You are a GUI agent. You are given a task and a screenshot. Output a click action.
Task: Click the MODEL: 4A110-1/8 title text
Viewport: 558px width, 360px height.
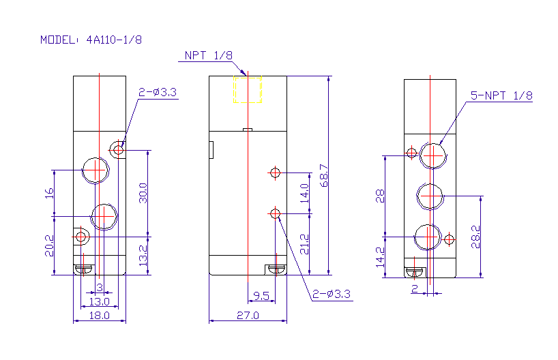pyautogui.click(x=91, y=40)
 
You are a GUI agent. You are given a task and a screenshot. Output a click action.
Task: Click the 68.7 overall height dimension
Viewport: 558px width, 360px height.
pyautogui.click(x=324, y=175)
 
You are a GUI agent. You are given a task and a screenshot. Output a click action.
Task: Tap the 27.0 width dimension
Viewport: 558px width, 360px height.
pyautogui.click(x=248, y=315)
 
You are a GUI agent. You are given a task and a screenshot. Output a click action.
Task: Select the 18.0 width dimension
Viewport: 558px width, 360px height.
pyautogui.click(x=100, y=315)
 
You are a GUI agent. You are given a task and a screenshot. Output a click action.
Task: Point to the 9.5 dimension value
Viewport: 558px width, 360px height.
pyautogui.click(x=261, y=296)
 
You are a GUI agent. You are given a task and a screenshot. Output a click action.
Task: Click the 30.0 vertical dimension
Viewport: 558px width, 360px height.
pyautogui.click(x=143, y=193)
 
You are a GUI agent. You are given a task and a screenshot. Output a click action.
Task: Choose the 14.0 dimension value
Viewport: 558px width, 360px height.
pyautogui.click(x=304, y=193)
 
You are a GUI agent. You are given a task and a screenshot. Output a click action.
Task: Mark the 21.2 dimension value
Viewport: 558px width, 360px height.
pyautogui.click(x=304, y=244)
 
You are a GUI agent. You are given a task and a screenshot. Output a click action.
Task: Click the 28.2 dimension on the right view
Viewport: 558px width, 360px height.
pyautogui.click(x=475, y=237)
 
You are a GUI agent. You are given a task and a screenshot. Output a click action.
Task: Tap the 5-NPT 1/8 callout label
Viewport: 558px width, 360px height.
pyautogui.click(x=501, y=95)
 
